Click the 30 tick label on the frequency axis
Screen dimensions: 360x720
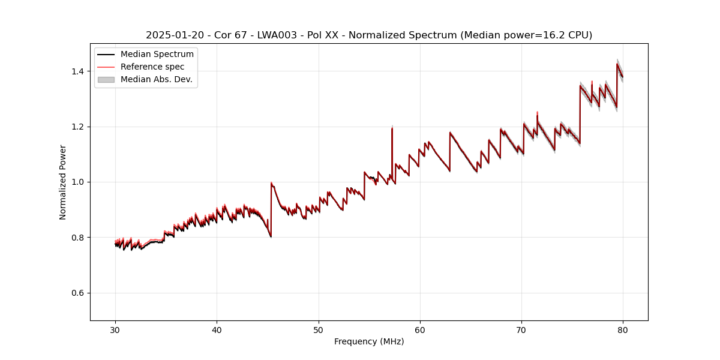tap(115, 329)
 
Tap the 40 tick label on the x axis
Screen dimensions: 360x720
tap(217, 329)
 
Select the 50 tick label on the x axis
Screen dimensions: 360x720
tap(319, 329)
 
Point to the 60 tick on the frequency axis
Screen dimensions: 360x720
tap(420, 329)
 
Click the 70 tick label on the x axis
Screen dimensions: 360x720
tap(521, 329)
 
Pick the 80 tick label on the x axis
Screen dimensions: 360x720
tap(623, 329)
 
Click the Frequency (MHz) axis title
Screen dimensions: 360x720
tap(369, 341)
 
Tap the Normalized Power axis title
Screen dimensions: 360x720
tap(63, 182)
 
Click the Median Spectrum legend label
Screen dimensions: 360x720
tap(157, 55)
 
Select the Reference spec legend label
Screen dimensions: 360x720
tap(152, 67)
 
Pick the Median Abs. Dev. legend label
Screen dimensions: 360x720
tap(157, 79)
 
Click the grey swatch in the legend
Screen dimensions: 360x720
tap(106, 79)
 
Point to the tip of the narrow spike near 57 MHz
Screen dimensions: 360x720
tap(392, 127)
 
